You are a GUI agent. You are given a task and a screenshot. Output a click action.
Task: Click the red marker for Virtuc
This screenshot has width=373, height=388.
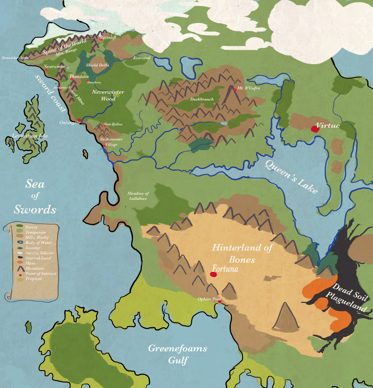(315, 129)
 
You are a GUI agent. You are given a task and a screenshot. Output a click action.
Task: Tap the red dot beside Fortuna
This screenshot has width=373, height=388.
(213, 274)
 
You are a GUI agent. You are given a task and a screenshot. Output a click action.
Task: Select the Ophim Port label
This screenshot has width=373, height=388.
(209, 299)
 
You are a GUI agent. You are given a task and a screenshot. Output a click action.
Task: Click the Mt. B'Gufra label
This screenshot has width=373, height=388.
(248, 88)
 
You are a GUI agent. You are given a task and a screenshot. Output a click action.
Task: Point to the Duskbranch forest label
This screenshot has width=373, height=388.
(202, 99)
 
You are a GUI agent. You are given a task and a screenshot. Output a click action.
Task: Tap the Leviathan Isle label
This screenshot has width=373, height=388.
(30, 136)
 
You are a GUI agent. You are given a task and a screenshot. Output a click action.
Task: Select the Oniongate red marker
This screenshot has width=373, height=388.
(79, 120)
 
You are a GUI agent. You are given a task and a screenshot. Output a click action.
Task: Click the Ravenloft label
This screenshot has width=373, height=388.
(108, 38)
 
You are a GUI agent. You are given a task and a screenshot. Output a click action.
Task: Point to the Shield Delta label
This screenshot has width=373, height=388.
(97, 65)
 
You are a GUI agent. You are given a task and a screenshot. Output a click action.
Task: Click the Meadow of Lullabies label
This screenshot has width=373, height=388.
(138, 196)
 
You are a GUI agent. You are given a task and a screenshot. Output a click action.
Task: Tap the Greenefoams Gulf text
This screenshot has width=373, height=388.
(177, 354)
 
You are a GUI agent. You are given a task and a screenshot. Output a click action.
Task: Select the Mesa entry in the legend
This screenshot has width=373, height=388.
(30, 263)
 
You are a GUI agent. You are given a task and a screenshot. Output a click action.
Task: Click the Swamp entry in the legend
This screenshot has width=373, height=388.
(32, 248)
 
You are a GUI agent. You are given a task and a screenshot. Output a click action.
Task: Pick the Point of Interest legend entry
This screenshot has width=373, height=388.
(40, 274)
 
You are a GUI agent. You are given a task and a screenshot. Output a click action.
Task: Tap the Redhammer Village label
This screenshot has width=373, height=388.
(111, 142)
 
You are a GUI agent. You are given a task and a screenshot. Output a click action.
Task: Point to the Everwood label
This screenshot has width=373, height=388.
(142, 58)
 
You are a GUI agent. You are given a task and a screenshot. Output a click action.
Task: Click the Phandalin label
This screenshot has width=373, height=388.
(79, 76)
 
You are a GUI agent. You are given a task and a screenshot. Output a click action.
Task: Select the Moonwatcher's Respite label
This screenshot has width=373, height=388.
(15, 58)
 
